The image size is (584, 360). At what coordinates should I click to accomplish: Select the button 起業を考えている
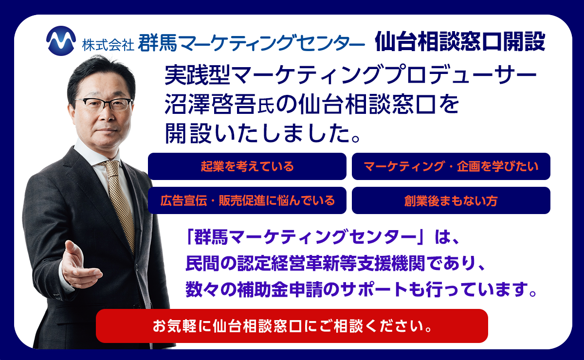click(x=247, y=166)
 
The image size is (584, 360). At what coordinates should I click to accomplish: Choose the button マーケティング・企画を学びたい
click(x=451, y=166)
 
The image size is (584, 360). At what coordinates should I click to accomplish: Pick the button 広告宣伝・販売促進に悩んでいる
click(x=247, y=200)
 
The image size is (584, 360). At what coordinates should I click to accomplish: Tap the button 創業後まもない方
click(x=451, y=200)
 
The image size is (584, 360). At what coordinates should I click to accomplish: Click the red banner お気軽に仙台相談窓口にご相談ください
click(x=292, y=325)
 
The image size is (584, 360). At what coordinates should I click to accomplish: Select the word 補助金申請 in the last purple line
click(x=277, y=290)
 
